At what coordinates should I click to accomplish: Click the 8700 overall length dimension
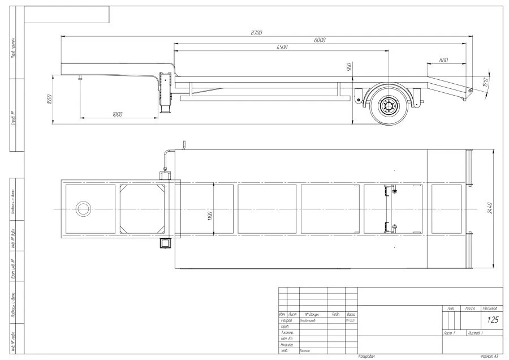256,33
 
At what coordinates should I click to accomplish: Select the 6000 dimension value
320,40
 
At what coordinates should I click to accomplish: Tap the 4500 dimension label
282,47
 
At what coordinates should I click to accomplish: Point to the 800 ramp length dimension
443,59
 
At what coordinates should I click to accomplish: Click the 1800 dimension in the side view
118,114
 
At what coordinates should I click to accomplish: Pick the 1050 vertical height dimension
49,99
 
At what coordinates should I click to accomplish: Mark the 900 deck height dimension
350,67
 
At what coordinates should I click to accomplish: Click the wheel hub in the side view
390,106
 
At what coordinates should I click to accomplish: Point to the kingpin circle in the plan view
83,209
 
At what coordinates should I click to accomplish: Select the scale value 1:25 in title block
492,320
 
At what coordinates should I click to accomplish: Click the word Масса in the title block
470,308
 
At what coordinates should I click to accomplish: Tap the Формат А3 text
488,357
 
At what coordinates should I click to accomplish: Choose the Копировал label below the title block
366,357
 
